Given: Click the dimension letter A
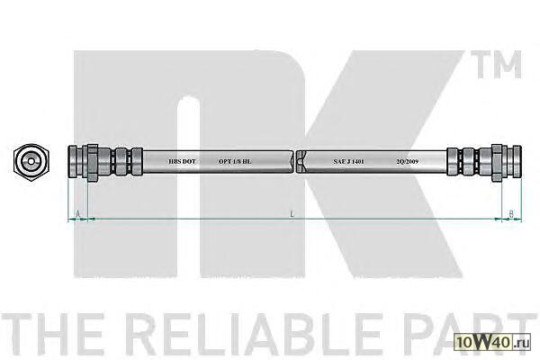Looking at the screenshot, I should click(78, 214).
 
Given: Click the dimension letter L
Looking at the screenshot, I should click(292, 214).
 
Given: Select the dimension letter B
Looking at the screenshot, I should click(510, 214).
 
